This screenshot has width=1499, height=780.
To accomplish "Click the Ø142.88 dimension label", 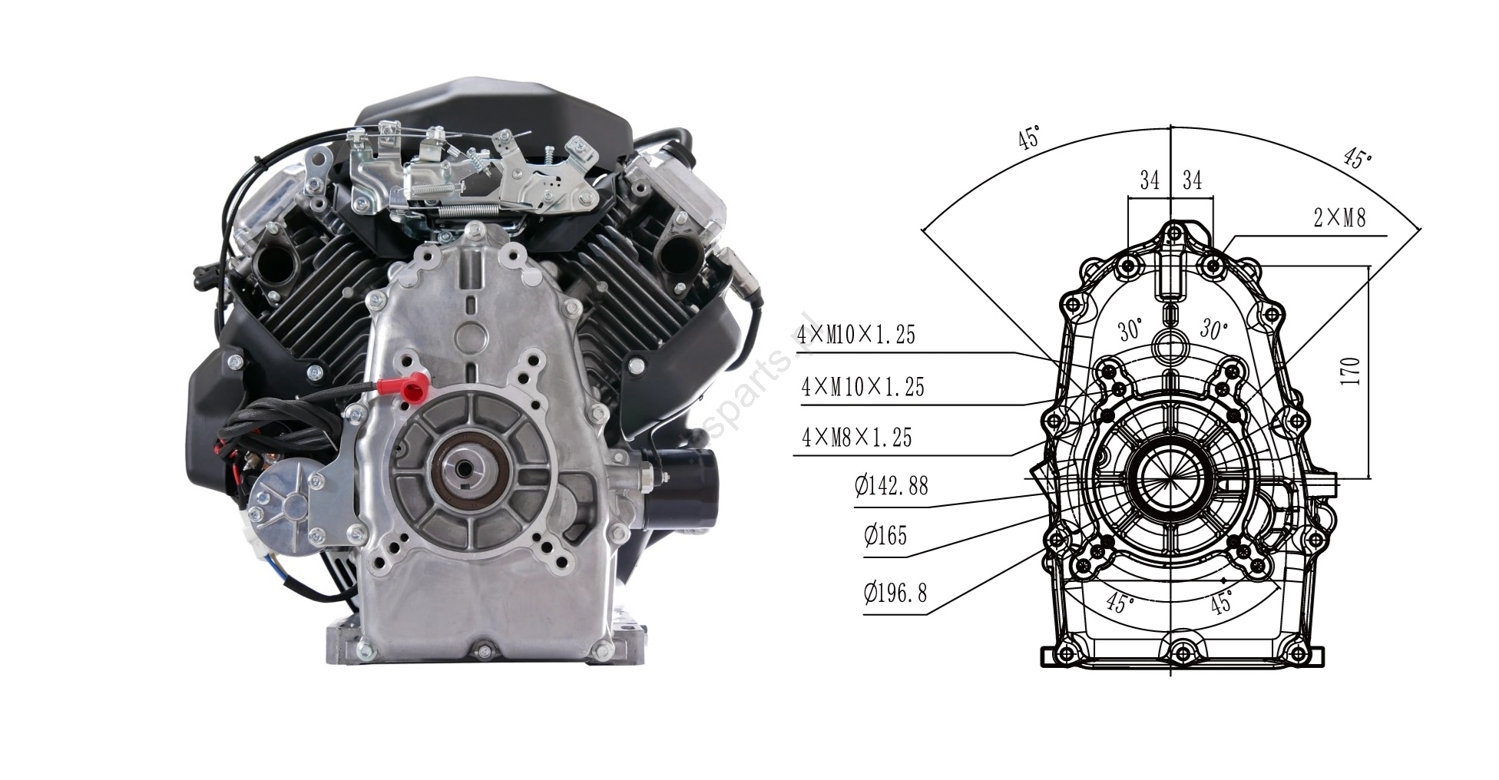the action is tap(891, 485).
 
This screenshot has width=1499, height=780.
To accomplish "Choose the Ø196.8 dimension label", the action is tap(895, 593).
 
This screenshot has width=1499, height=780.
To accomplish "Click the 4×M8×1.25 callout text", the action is tap(856, 438).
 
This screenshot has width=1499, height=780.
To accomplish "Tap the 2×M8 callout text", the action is tap(1339, 218).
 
